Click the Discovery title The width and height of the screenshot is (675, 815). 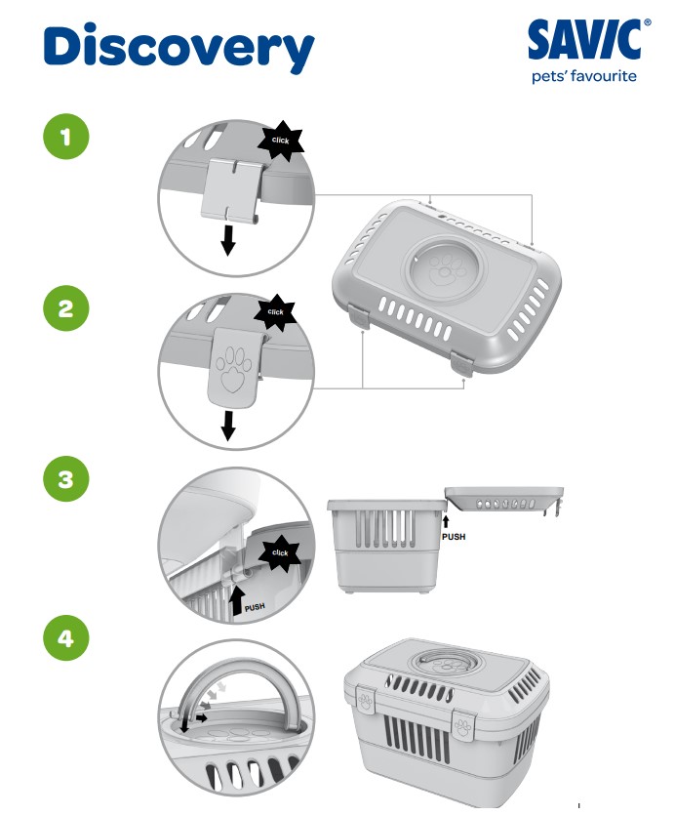coord(179,48)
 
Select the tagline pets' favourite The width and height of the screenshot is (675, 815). coord(583,76)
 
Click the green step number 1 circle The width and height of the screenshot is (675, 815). coord(66,137)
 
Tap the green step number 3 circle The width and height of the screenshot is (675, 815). coord(66,478)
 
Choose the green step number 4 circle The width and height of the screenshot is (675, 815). coord(66,637)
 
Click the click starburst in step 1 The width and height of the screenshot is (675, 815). coord(281,141)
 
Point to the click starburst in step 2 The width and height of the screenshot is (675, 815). coord(275,312)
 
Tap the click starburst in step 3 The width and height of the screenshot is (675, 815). coord(280,552)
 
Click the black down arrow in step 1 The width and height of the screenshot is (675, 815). coord(227,241)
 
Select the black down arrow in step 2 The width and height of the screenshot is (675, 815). coord(228,426)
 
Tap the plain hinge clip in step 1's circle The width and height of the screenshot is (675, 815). coord(231,189)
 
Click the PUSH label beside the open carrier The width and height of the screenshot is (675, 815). coord(454,537)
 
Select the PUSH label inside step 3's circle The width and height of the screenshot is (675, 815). coord(255,607)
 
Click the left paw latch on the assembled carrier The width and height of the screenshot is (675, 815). coord(366,700)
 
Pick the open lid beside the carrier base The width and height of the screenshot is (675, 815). coord(504,501)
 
